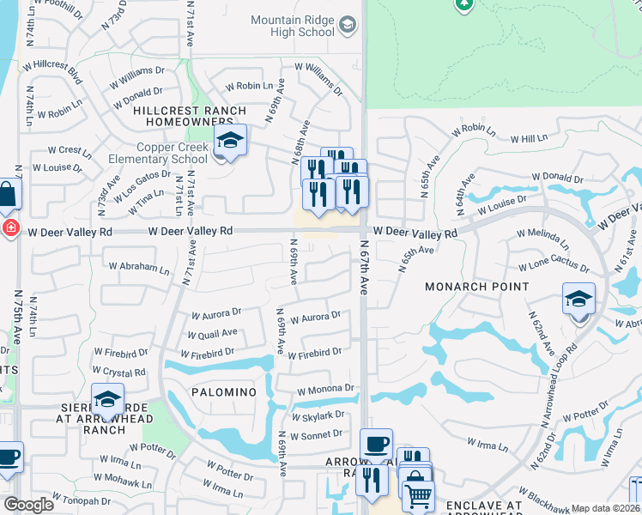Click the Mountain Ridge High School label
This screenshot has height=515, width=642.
pos(292,26)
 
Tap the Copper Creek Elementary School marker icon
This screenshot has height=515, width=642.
pos(230,139)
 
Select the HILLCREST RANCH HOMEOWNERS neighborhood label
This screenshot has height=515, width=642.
pos(189,117)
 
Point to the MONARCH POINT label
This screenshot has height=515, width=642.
pos(477,287)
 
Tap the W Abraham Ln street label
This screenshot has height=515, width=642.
pos(139,267)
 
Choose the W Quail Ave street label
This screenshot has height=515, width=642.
pos(212,334)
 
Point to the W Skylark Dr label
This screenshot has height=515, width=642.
pos(318,415)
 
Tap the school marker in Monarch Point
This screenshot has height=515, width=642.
pos(578,300)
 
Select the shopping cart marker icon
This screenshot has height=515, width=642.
pos(418,495)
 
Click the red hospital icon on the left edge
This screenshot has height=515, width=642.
pos(9,229)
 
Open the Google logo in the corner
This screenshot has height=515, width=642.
pos(29,505)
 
